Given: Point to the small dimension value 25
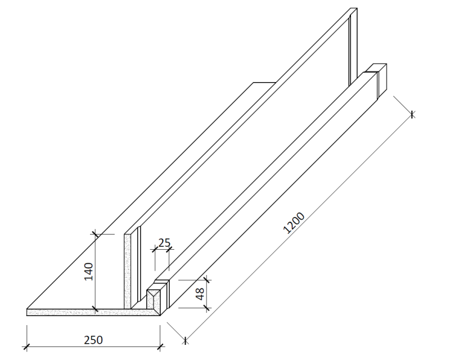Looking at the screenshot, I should pyautogui.click(x=164, y=242).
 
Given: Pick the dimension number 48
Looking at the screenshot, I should pyautogui.click(x=199, y=294).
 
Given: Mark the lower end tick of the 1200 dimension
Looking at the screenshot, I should pyautogui.click(x=185, y=339).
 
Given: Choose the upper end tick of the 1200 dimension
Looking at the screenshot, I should pyautogui.click(x=412, y=115).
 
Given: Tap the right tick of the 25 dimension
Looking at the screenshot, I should pyautogui.click(x=169, y=248).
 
